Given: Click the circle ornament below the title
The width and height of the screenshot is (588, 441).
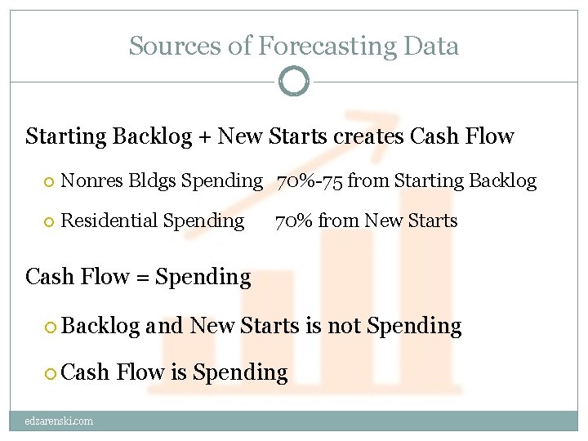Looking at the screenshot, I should tap(294, 81).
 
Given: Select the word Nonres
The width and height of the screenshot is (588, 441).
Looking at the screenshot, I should tap(91, 180).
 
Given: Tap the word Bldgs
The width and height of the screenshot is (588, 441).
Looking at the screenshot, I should tap(151, 181).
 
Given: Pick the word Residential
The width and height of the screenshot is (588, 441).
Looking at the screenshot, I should tap(110, 220).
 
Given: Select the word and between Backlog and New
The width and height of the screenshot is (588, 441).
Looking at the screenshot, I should tap(165, 326).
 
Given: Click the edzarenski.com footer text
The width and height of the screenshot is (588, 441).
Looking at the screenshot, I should tap(59, 421).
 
